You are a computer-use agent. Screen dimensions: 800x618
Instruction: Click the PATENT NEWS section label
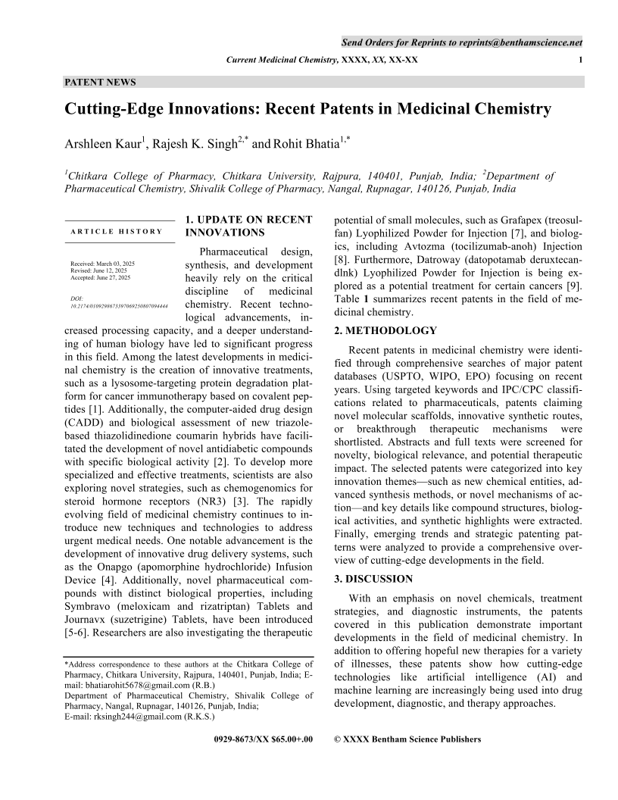pos(100,82)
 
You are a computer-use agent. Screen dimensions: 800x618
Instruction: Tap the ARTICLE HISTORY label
pos(116,231)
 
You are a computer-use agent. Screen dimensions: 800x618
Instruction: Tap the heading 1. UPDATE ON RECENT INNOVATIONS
pos(248,226)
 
